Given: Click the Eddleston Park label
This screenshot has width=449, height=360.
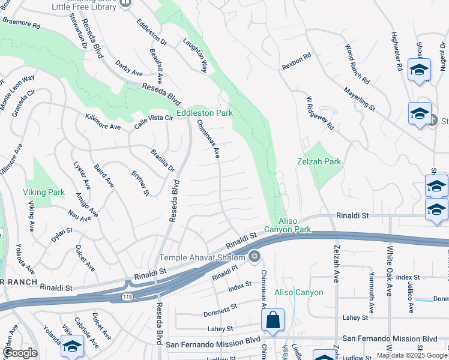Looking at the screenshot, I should pos(204,113).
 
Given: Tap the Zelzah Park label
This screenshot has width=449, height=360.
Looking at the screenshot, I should pos(319,161).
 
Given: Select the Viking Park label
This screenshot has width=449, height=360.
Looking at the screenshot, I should pos(43,193).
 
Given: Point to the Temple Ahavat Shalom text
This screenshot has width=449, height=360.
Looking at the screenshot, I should pos(202,257).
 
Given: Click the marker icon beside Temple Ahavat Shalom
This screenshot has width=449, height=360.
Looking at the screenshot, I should pos(255,257).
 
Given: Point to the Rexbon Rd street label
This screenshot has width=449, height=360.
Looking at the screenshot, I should pos(296,62).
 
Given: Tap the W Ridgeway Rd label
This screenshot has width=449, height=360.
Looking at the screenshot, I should pos(319,113).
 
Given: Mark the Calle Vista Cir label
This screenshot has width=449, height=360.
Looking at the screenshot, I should pos(153,119).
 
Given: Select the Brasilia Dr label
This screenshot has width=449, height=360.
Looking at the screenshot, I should pos(162,160).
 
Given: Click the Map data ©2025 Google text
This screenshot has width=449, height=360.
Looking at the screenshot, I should pos(412,355).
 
